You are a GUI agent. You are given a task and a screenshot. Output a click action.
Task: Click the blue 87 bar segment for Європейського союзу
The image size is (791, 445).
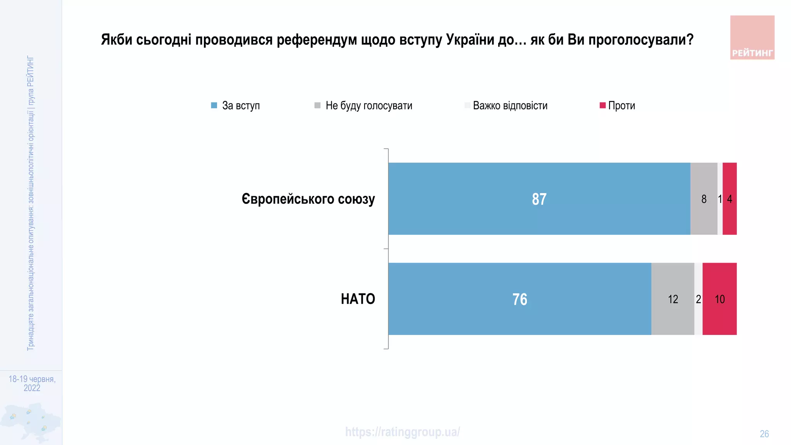[539, 199]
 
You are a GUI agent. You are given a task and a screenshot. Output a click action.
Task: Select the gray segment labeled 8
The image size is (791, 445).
[704, 199]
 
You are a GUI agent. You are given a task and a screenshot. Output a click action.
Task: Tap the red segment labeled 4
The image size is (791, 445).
[730, 199]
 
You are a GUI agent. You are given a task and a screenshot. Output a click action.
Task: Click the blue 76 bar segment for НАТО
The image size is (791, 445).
[519, 299]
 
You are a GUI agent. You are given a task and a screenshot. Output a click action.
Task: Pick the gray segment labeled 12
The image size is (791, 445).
[673, 299]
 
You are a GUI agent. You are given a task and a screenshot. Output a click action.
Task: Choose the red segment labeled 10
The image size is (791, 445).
[720, 299]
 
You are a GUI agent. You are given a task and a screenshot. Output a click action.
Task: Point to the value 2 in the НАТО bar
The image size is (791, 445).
[698, 299]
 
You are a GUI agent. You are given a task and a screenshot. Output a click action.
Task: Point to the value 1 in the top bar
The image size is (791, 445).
[720, 199]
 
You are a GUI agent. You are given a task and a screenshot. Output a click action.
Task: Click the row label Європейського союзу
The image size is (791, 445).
[308, 199]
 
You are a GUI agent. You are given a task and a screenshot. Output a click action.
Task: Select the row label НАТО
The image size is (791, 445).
[358, 299]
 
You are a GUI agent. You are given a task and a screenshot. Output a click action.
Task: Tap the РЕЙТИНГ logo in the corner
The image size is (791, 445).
[752, 37]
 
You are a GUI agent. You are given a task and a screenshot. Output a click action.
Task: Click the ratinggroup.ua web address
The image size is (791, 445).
[402, 432]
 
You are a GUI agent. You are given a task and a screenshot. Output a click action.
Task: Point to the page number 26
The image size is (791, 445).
[764, 434]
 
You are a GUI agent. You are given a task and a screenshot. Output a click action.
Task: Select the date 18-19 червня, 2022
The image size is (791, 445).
[32, 383]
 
